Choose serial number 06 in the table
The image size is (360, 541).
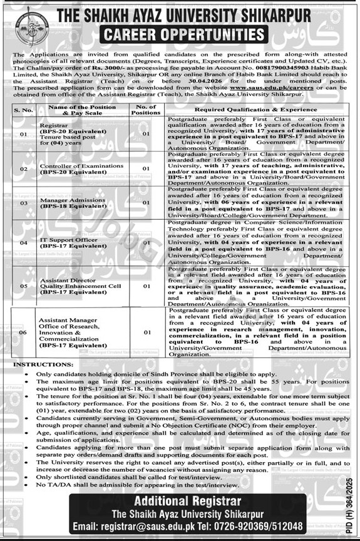point(23,332)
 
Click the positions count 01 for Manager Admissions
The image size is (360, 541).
point(145,203)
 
